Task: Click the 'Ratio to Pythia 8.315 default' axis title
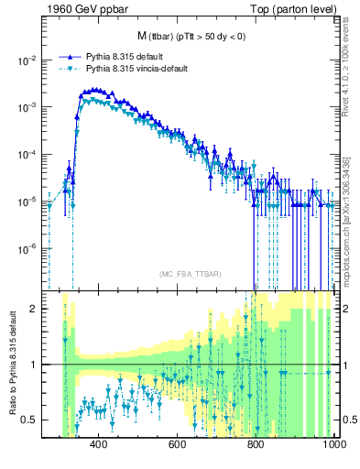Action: click(11, 365)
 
